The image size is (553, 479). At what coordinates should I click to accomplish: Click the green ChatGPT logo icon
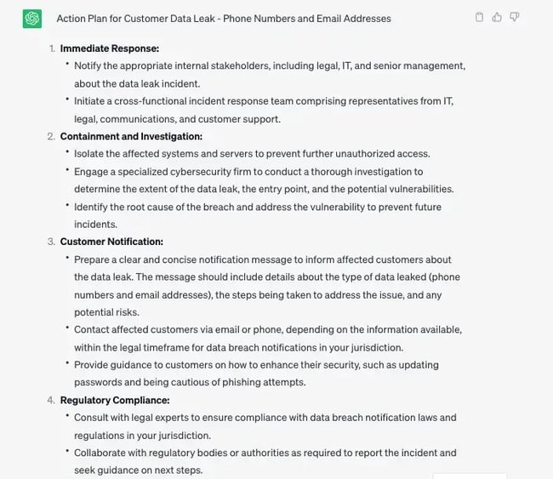coord(32,18)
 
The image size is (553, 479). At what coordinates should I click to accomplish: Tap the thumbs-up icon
coord(497,17)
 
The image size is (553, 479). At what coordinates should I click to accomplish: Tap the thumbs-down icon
coord(514,17)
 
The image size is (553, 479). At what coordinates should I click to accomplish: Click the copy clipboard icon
coord(480,17)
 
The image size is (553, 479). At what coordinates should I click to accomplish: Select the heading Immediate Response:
coord(110,48)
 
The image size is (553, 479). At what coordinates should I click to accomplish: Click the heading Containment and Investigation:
coord(131,136)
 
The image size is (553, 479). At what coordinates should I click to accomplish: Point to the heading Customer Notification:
coord(111,242)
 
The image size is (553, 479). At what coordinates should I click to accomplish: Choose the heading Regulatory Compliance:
coord(115,400)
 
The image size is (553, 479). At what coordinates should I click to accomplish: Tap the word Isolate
coord(90,154)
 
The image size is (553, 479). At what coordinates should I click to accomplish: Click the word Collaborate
coord(103,453)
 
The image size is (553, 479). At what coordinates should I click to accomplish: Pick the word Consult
coord(92,418)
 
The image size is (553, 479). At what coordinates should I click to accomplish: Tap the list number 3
coord(51,242)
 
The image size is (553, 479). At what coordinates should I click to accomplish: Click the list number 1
coord(51,48)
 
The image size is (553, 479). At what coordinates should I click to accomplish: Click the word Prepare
coord(94,259)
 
